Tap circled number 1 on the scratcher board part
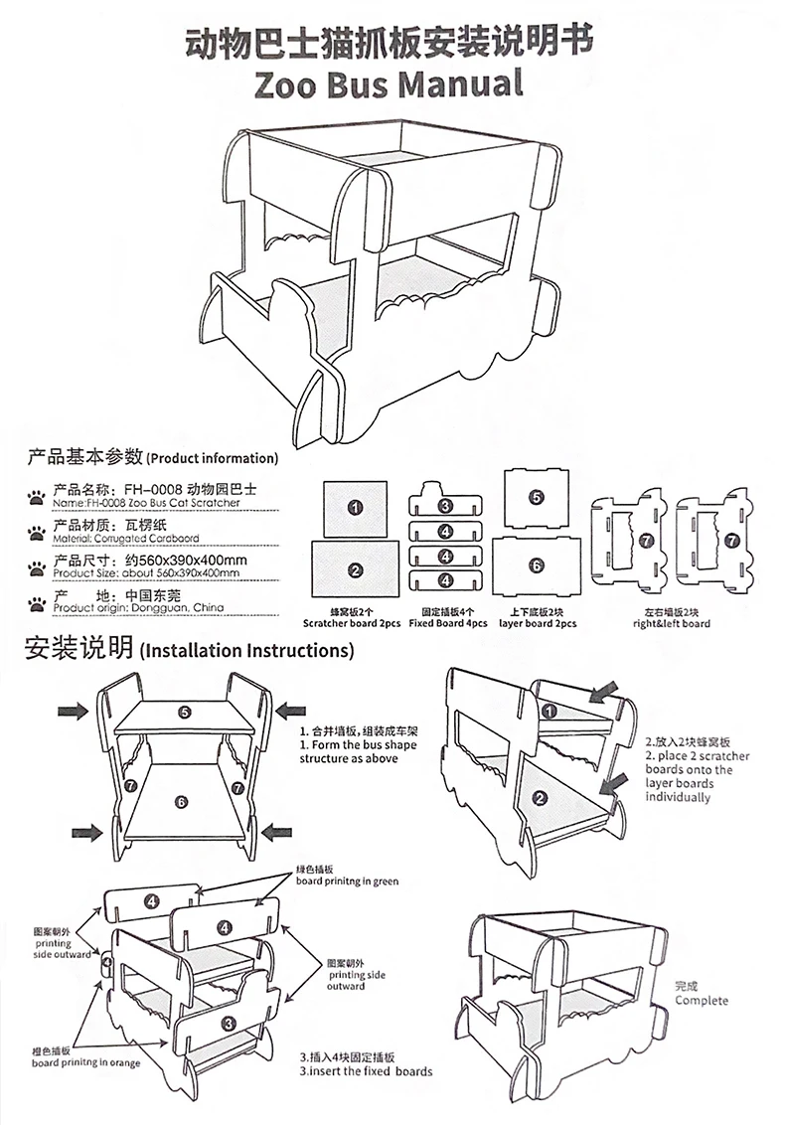[355, 508]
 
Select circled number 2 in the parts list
[355, 570]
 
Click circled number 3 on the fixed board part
[446, 507]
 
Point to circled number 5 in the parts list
[537, 497]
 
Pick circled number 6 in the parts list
[537, 564]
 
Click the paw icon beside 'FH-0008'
[37, 494]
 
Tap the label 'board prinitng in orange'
[85, 1062]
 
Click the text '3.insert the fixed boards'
[366, 1070]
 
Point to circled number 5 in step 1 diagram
[185, 712]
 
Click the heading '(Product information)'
[212, 459]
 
